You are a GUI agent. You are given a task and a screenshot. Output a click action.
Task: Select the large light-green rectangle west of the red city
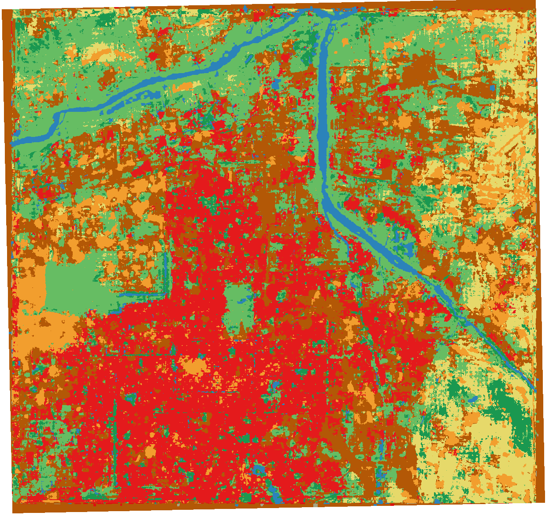66,282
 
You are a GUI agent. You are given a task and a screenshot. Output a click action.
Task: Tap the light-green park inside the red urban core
238,308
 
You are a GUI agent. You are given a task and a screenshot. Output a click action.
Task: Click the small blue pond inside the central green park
241,302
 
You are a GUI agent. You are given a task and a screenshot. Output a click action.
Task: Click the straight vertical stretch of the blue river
323,110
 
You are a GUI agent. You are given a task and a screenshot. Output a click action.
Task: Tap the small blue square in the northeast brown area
492,88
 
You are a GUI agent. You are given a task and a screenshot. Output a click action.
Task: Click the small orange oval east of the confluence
345,42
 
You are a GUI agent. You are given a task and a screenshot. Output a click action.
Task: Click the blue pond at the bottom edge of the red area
276,498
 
